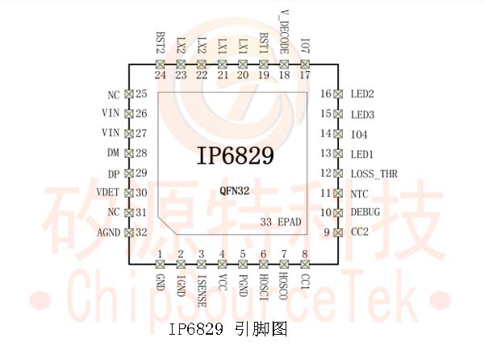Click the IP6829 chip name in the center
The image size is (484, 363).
click(x=236, y=155)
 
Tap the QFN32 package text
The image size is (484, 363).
click(x=234, y=190)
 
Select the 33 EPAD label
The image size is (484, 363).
click(x=281, y=222)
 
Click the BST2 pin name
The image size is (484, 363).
click(x=161, y=43)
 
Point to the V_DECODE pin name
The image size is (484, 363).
click(x=284, y=32)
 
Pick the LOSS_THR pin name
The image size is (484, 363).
click(x=373, y=174)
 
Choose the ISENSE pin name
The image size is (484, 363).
click(x=201, y=291)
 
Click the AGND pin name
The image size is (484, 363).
click(x=109, y=232)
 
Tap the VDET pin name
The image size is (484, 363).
click(x=108, y=192)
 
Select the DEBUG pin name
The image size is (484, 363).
click(x=365, y=212)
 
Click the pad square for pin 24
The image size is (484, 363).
click(x=160, y=65)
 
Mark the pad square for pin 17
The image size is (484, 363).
click(x=305, y=65)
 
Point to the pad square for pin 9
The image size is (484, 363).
click(x=339, y=232)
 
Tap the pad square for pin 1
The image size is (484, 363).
click(x=160, y=265)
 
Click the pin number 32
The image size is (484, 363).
click(x=141, y=232)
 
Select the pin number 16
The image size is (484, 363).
click(x=326, y=94)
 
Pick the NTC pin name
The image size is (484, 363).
click(x=359, y=194)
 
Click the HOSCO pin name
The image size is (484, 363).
click(x=284, y=286)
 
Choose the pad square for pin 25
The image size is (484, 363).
click(x=129, y=94)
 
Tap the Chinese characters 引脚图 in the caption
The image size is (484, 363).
click(x=261, y=329)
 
